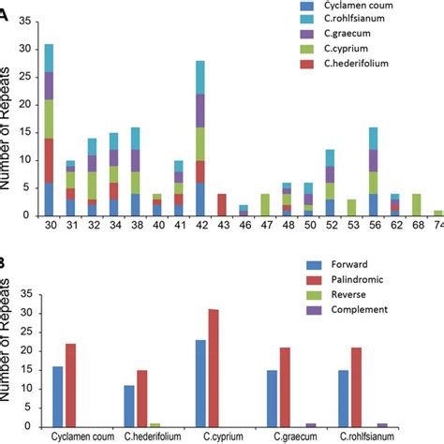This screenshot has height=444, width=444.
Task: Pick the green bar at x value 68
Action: (x=416, y=204)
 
